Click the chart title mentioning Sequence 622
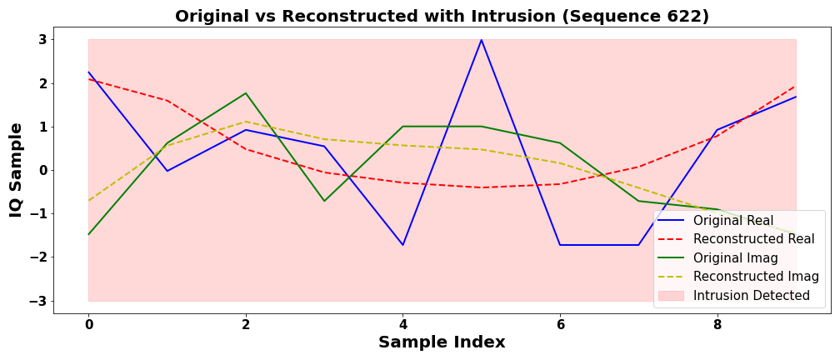pos(442,16)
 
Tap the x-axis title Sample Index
pos(442,342)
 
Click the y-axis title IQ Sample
pos(16,170)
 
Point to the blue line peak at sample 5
pos(481,40)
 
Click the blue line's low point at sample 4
pos(402,245)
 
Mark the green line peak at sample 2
pos(246,93)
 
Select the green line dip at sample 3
pos(324,201)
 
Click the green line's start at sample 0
pos(88,234)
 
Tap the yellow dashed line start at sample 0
pos(88,200)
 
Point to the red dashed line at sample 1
pos(167,100)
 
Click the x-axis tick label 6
pos(560,325)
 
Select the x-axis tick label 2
pos(246,325)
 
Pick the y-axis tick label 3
pos(41,40)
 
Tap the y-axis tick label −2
pos(37,257)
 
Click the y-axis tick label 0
pos(41,171)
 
